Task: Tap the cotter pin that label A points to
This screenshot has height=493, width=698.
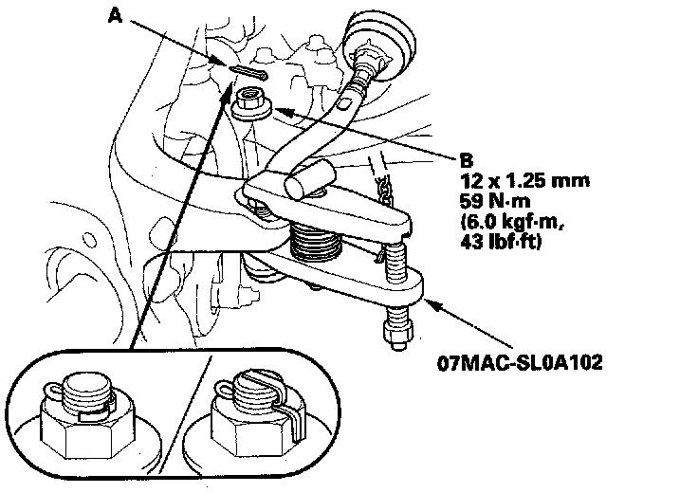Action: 248,73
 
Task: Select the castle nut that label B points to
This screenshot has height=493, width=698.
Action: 251,101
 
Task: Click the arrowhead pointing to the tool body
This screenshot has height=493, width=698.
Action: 427,301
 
